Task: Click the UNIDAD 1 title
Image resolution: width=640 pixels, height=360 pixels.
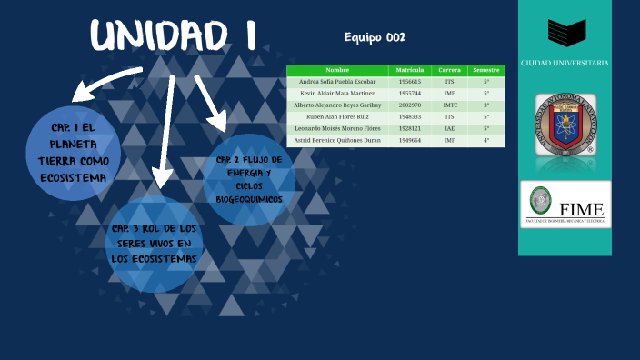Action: (173, 36)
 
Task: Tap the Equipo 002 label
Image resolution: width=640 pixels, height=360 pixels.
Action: (375, 37)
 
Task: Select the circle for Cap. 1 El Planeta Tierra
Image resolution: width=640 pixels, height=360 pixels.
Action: (73, 152)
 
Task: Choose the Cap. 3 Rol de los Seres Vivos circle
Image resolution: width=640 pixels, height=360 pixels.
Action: (155, 243)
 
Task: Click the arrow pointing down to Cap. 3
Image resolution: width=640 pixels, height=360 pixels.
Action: (163, 136)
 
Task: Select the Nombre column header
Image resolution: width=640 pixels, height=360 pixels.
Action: (337, 70)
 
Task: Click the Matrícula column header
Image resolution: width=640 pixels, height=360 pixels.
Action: (410, 70)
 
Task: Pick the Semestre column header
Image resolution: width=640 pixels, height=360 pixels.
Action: (486, 70)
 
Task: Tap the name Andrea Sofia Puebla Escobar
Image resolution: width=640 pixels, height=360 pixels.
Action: (337, 82)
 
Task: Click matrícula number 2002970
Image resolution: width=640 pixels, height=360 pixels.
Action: (410, 105)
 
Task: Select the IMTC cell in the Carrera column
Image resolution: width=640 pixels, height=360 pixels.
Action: (449, 105)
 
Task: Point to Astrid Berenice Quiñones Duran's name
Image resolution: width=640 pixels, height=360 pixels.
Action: (337, 141)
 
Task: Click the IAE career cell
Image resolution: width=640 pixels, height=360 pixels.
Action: (449, 129)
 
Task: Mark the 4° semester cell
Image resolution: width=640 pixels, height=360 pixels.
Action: (486, 141)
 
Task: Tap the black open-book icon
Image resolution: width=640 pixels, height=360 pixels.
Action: (565, 34)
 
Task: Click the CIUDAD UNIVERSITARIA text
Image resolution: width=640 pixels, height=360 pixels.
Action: (565, 64)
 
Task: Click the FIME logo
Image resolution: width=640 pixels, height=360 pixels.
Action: (565, 205)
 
